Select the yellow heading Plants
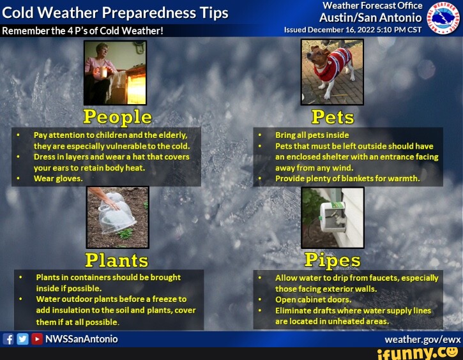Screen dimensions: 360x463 coord(117,260)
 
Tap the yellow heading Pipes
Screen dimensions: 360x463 coord(332,260)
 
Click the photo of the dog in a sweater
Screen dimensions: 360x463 coord(332,71)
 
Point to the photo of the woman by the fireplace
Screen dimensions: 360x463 coord(115,71)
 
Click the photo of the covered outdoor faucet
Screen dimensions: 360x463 coord(332,217)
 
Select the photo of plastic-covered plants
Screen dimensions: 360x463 coord(118,217)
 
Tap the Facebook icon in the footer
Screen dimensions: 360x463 coord(9,339)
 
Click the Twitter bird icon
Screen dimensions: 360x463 coord(22,339)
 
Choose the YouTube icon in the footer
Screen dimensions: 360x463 coord(36,339)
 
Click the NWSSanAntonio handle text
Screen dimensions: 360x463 coord(81,339)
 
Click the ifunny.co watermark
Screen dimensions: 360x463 coord(418,353)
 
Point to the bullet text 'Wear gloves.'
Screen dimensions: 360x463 coord(58,179)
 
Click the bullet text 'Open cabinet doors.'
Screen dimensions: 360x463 coord(313,299)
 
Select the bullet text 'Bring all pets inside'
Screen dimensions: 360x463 coord(312,135)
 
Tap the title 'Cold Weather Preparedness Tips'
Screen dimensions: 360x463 coord(116,13)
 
